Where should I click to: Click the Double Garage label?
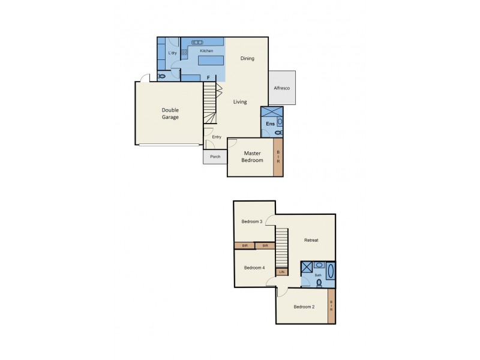[x=170, y=113]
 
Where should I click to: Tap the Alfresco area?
[x=281, y=88]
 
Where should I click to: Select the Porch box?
[x=215, y=157]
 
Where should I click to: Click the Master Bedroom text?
[x=252, y=157]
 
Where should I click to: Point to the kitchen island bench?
[x=210, y=60]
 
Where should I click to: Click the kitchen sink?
[x=197, y=43]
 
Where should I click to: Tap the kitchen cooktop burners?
[x=185, y=53]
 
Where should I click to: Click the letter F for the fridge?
[x=208, y=77]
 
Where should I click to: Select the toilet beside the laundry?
[x=161, y=76]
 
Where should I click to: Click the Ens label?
[x=270, y=124]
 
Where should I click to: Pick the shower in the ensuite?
[x=271, y=111]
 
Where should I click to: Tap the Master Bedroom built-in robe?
[x=278, y=157]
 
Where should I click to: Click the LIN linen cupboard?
[x=281, y=272]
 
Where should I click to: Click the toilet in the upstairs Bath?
[x=319, y=283]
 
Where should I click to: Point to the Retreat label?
[x=311, y=240]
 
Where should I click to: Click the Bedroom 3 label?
[x=251, y=221]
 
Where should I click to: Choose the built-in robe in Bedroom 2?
[x=331, y=307]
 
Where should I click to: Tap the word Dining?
[x=247, y=58]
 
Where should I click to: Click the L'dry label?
[x=172, y=53]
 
